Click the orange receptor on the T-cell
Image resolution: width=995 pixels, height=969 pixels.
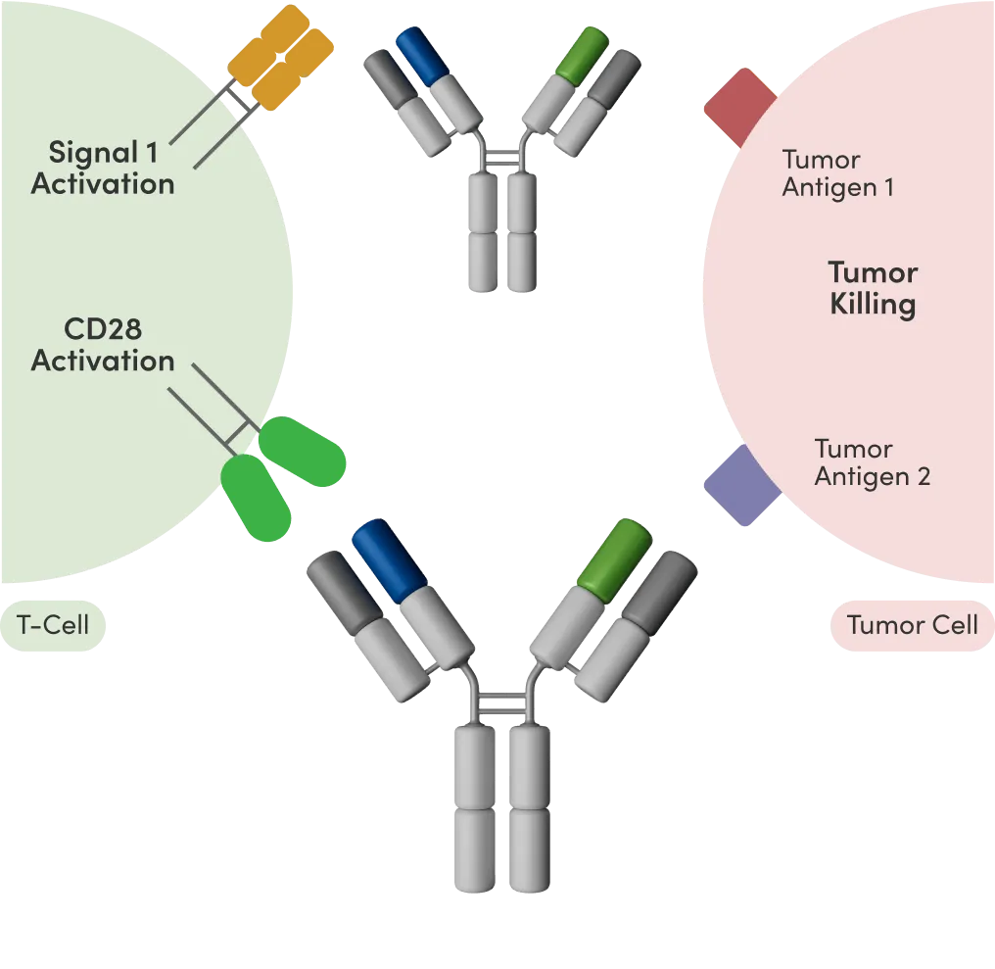(282, 57)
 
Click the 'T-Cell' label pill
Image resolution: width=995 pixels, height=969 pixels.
(54, 624)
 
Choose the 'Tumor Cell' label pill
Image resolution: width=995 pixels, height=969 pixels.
(912, 624)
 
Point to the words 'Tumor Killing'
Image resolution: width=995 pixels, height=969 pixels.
(873, 288)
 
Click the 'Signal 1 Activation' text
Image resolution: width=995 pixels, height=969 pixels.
(103, 168)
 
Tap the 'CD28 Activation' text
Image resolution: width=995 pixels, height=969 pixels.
(103, 344)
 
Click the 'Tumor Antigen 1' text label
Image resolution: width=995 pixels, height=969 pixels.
(837, 173)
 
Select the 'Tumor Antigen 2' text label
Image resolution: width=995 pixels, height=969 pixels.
(872, 462)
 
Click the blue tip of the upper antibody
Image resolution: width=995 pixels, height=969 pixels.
(421, 55)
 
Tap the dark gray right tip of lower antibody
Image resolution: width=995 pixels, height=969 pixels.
(661, 587)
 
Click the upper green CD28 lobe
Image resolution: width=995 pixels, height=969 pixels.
(303, 452)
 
